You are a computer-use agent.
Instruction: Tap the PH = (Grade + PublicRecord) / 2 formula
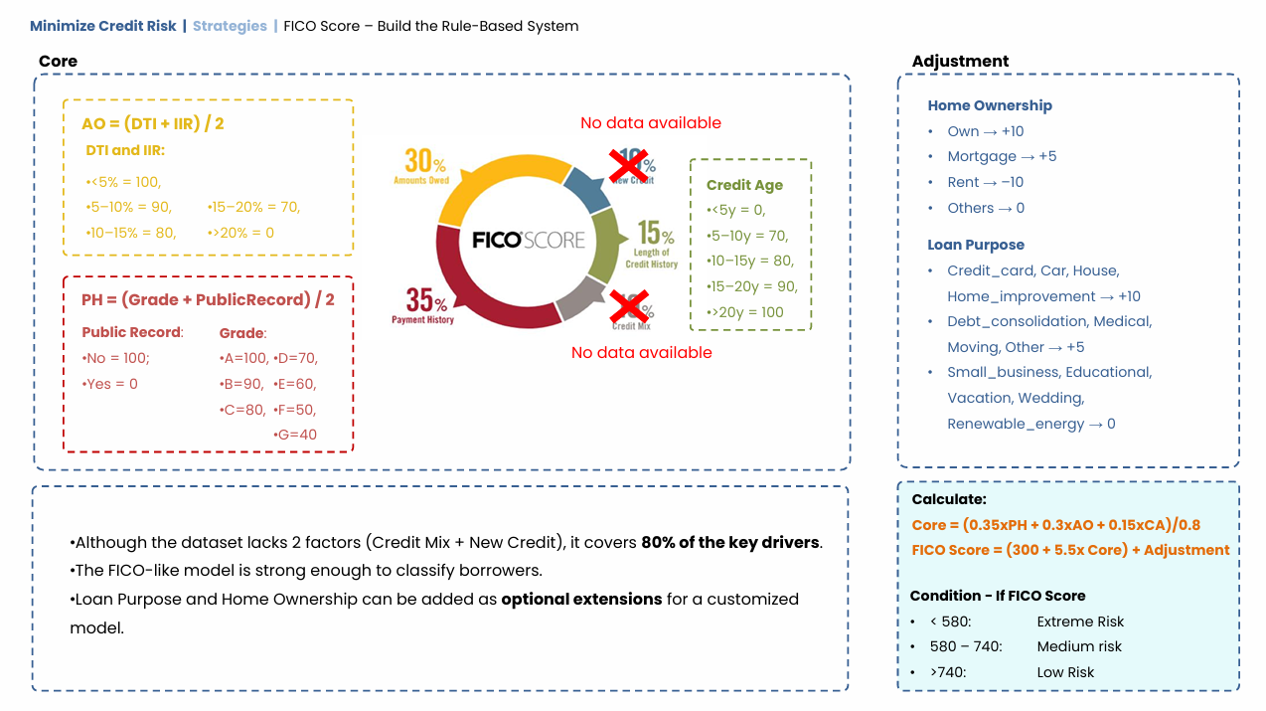(x=208, y=299)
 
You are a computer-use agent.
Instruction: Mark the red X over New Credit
(x=628, y=165)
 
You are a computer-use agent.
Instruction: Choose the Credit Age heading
(x=744, y=185)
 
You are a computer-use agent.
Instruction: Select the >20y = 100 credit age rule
(x=746, y=312)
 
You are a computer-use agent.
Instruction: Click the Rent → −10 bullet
(x=985, y=182)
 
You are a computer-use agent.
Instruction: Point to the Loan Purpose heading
(x=975, y=245)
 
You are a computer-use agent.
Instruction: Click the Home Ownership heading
(x=989, y=105)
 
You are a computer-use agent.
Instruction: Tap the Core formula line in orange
(x=1057, y=525)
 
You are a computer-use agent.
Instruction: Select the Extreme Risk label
(x=1080, y=622)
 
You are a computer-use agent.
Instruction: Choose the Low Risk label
(x=1065, y=672)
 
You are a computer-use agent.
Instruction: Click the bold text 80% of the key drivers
(x=731, y=543)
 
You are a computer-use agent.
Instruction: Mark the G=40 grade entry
(x=295, y=435)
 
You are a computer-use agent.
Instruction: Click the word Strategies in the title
(x=230, y=26)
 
